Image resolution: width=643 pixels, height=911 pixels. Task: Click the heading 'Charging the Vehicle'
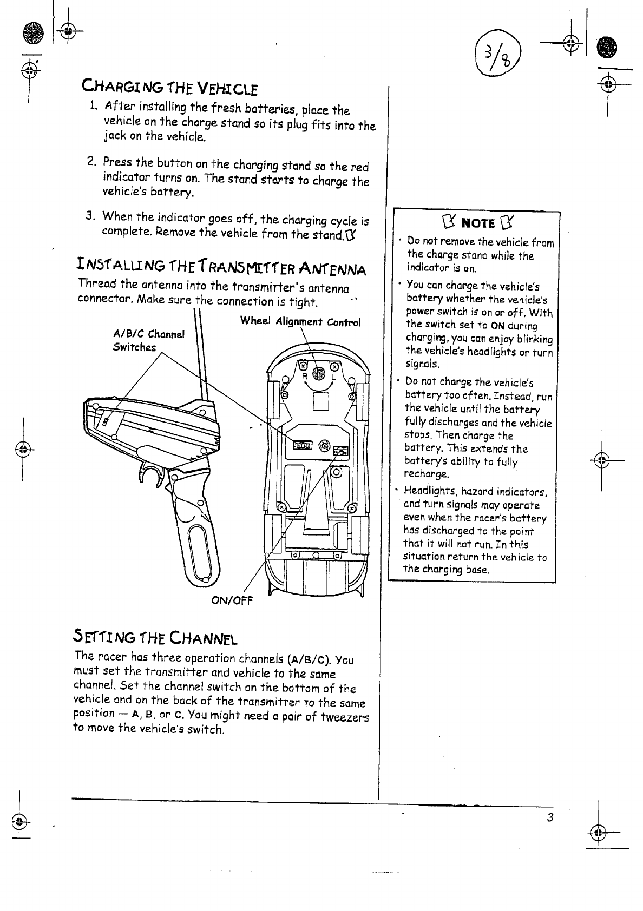169,87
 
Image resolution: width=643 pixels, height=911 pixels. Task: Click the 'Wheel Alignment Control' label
300,321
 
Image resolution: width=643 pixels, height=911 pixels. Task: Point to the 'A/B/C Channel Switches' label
149,340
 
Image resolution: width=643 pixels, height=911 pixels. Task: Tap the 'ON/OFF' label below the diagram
232,600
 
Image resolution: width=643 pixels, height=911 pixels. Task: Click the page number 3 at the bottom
549,817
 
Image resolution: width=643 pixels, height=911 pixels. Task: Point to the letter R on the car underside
305,376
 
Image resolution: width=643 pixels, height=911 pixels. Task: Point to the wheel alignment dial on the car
319,373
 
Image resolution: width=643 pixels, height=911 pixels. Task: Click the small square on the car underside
321,402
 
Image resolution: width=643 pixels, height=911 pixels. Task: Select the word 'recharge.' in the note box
427,474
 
